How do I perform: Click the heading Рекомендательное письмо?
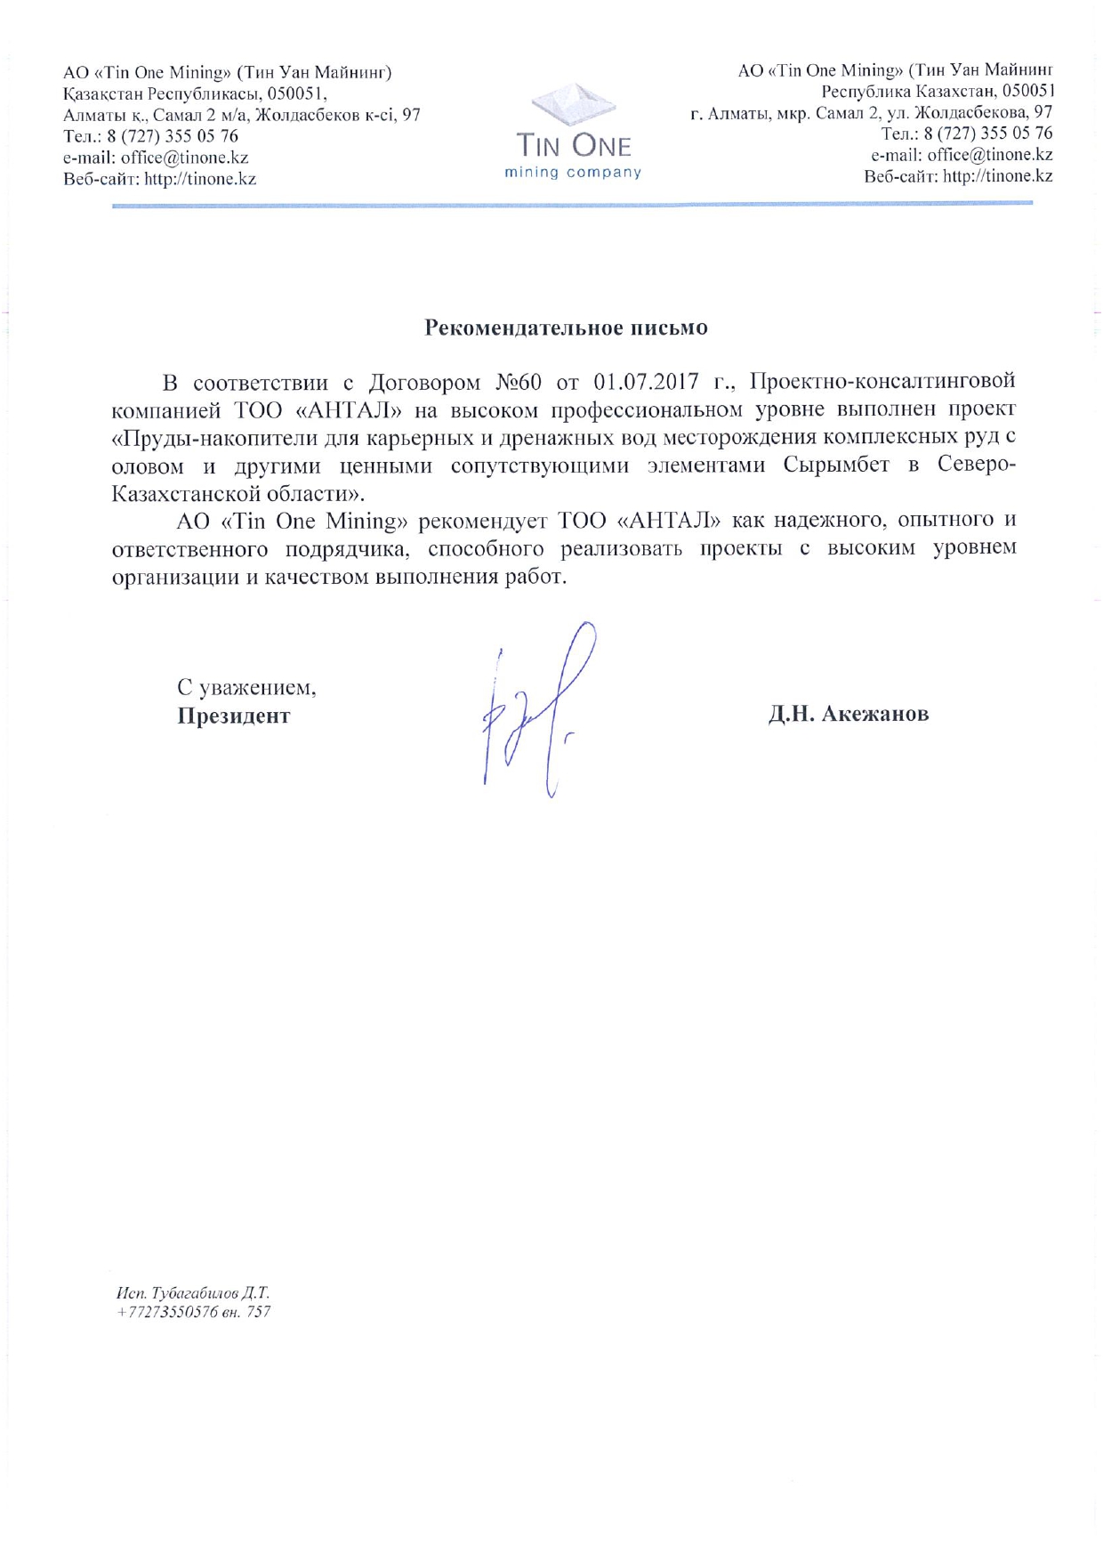tap(566, 328)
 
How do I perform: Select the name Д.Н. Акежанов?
tap(849, 714)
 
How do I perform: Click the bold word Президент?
tap(233, 716)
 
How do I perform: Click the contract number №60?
tap(518, 383)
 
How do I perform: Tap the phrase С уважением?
tap(246, 688)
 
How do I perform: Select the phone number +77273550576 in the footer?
tap(167, 1312)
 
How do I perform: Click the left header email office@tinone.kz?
tap(185, 158)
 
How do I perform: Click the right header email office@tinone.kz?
tap(990, 155)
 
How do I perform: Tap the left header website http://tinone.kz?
tap(200, 179)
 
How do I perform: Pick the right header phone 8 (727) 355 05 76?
tap(988, 134)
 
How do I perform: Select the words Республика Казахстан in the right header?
tap(907, 92)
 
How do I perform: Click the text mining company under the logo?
tap(573, 173)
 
